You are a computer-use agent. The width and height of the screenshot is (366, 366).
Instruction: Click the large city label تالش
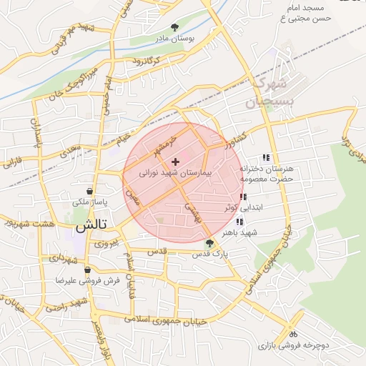(x=91, y=225)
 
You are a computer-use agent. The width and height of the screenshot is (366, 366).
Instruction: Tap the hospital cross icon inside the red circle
(x=176, y=162)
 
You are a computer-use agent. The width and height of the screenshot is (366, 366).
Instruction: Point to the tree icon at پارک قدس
(x=209, y=243)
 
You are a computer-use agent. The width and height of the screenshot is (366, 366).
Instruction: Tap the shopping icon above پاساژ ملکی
(x=89, y=192)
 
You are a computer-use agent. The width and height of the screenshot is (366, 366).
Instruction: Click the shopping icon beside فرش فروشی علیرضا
(x=87, y=270)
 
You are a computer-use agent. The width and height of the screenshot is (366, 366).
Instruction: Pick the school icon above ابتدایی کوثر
(x=244, y=197)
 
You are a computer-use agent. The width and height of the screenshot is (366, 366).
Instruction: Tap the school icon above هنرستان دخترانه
(x=267, y=157)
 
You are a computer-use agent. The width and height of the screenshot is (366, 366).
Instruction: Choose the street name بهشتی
(x=192, y=210)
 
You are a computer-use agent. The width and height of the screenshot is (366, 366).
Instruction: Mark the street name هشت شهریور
(x=28, y=224)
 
